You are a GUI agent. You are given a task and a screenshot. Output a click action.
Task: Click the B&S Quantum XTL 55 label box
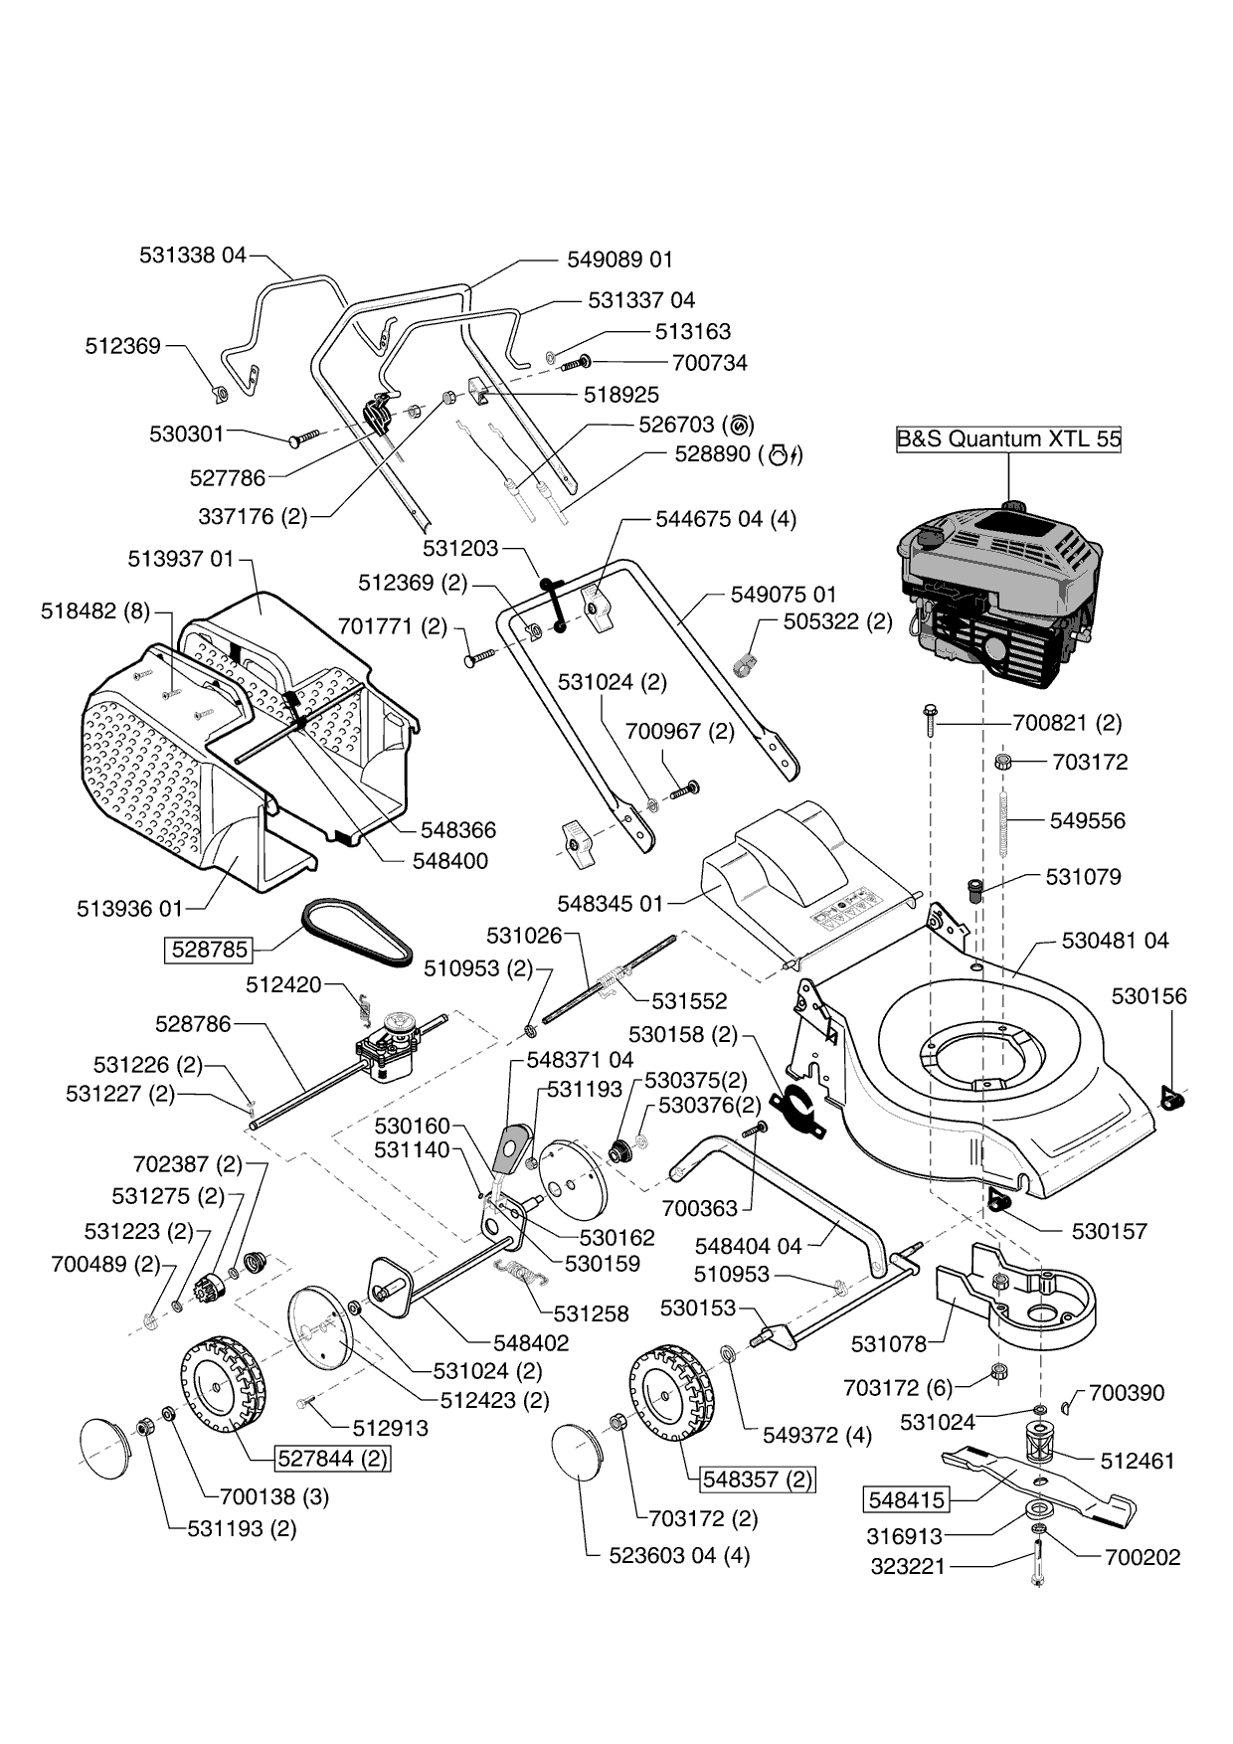point(1008,438)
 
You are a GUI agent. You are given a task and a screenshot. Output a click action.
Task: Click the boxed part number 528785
point(209,949)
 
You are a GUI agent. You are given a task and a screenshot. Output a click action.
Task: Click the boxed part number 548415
point(906,1498)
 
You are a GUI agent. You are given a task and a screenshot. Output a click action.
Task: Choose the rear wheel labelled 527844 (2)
point(224,1385)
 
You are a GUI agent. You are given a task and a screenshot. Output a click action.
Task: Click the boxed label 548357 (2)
point(757,1479)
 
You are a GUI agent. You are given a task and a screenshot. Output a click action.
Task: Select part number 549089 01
point(619,260)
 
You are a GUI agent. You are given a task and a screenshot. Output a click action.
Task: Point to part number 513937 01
point(181,559)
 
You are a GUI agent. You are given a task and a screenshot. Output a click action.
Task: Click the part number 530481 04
point(1115,940)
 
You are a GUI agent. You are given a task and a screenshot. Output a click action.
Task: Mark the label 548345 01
point(610,904)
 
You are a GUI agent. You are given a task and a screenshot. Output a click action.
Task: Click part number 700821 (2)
point(1067,723)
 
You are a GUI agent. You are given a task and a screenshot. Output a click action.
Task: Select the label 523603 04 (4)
point(679,1555)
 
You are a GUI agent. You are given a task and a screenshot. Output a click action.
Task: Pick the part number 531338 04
point(192,255)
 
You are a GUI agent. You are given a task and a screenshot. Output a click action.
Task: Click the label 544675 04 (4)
point(726,519)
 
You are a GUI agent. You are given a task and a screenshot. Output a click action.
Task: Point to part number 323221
point(906,1567)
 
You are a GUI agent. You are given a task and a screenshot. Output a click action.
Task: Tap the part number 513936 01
point(129,908)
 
